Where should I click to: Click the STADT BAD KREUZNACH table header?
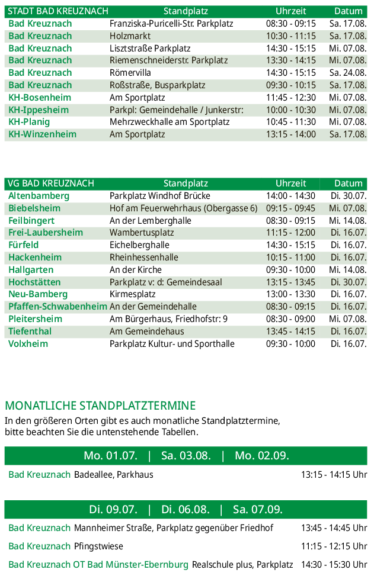click(58, 11)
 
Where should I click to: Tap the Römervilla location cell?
click(130, 73)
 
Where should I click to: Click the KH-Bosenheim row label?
click(40, 98)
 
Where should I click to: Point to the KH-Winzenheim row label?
click(42, 134)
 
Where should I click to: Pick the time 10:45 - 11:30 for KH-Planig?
click(290, 122)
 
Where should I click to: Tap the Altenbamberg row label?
click(39, 196)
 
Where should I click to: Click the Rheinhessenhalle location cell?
click(144, 258)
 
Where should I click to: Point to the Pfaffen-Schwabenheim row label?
click(57, 307)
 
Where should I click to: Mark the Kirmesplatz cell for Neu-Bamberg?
click(133, 294)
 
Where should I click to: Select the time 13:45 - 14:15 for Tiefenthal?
click(290, 332)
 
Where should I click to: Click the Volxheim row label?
click(28, 344)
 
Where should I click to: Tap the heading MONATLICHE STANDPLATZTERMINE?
click(100, 406)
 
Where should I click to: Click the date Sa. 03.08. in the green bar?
click(186, 456)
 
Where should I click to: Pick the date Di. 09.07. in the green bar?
click(113, 510)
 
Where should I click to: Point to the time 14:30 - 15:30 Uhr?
click(334, 565)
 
